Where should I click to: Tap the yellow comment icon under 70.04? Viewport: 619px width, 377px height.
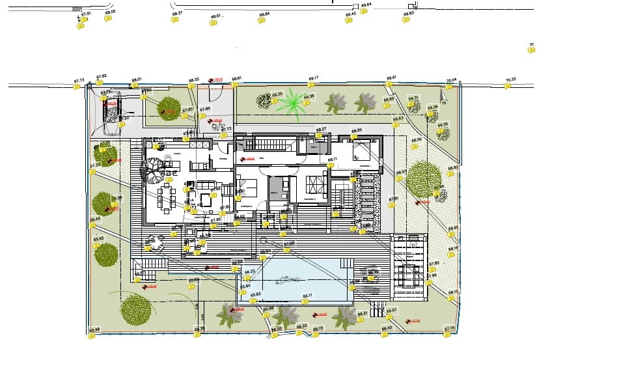[x=450, y=87]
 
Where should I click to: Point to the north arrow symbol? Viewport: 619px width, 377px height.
[x=443, y=100]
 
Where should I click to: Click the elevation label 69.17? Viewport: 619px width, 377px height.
[x=313, y=78]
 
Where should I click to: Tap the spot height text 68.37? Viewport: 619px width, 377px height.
[x=176, y=13]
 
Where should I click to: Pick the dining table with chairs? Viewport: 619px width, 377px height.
[x=167, y=197]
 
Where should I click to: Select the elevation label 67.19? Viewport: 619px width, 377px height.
[x=449, y=328]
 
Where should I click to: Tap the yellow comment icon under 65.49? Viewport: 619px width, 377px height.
[x=92, y=336]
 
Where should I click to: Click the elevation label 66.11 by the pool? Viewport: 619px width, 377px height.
[x=308, y=296]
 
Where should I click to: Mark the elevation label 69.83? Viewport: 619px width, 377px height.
[x=408, y=13]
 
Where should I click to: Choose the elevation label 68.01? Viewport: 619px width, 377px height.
[x=136, y=79]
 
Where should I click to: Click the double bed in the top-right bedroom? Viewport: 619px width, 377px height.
[x=362, y=152]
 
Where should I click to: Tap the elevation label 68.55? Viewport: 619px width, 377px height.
[x=356, y=130]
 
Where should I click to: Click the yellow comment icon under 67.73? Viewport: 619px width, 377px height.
[x=77, y=87]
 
